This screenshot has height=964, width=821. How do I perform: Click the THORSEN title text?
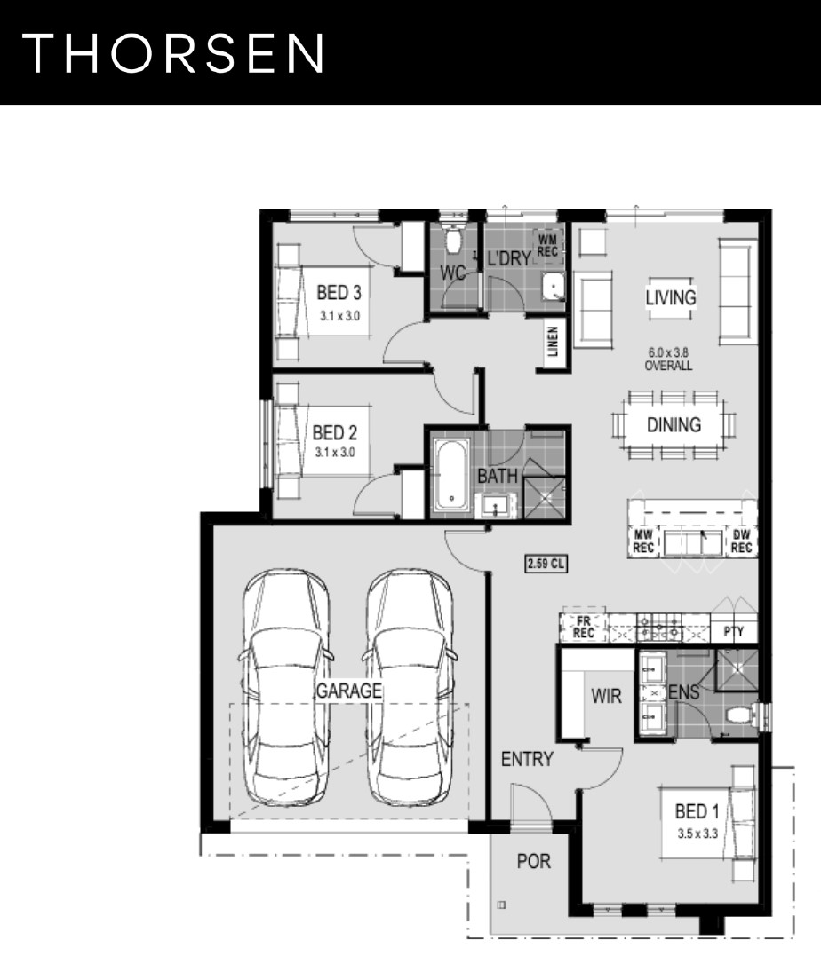tap(173, 53)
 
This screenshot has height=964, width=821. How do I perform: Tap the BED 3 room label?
tap(339, 293)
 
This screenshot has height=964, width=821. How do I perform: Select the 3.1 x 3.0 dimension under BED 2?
tap(335, 453)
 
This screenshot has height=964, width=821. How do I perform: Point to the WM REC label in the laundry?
tap(547, 245)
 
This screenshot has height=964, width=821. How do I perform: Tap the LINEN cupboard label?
tap(552, 341)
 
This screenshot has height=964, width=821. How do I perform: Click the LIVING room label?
tap(670, 297)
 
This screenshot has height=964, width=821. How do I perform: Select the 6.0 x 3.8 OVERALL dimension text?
tap(668, 359)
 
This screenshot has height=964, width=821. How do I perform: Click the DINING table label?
tap(674, 425)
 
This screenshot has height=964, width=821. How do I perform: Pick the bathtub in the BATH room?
tap(451, 474)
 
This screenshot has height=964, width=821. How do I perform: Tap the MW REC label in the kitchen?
tap(643, 541)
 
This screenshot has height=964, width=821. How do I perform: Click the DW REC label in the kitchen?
tap(742, 541)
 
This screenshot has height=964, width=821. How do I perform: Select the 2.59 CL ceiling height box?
tap(546, 563)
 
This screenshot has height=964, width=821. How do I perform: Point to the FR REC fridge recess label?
tap(584, 627)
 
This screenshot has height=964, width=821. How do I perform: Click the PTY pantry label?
tap(734, 631)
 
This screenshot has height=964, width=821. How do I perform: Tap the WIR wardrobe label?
tap(606, 696)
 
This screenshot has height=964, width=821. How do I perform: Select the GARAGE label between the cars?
tap(349, 691)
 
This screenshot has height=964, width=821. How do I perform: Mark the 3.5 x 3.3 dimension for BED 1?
tap(697, 834)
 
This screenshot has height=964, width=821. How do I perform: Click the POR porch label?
tap(534, 861)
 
